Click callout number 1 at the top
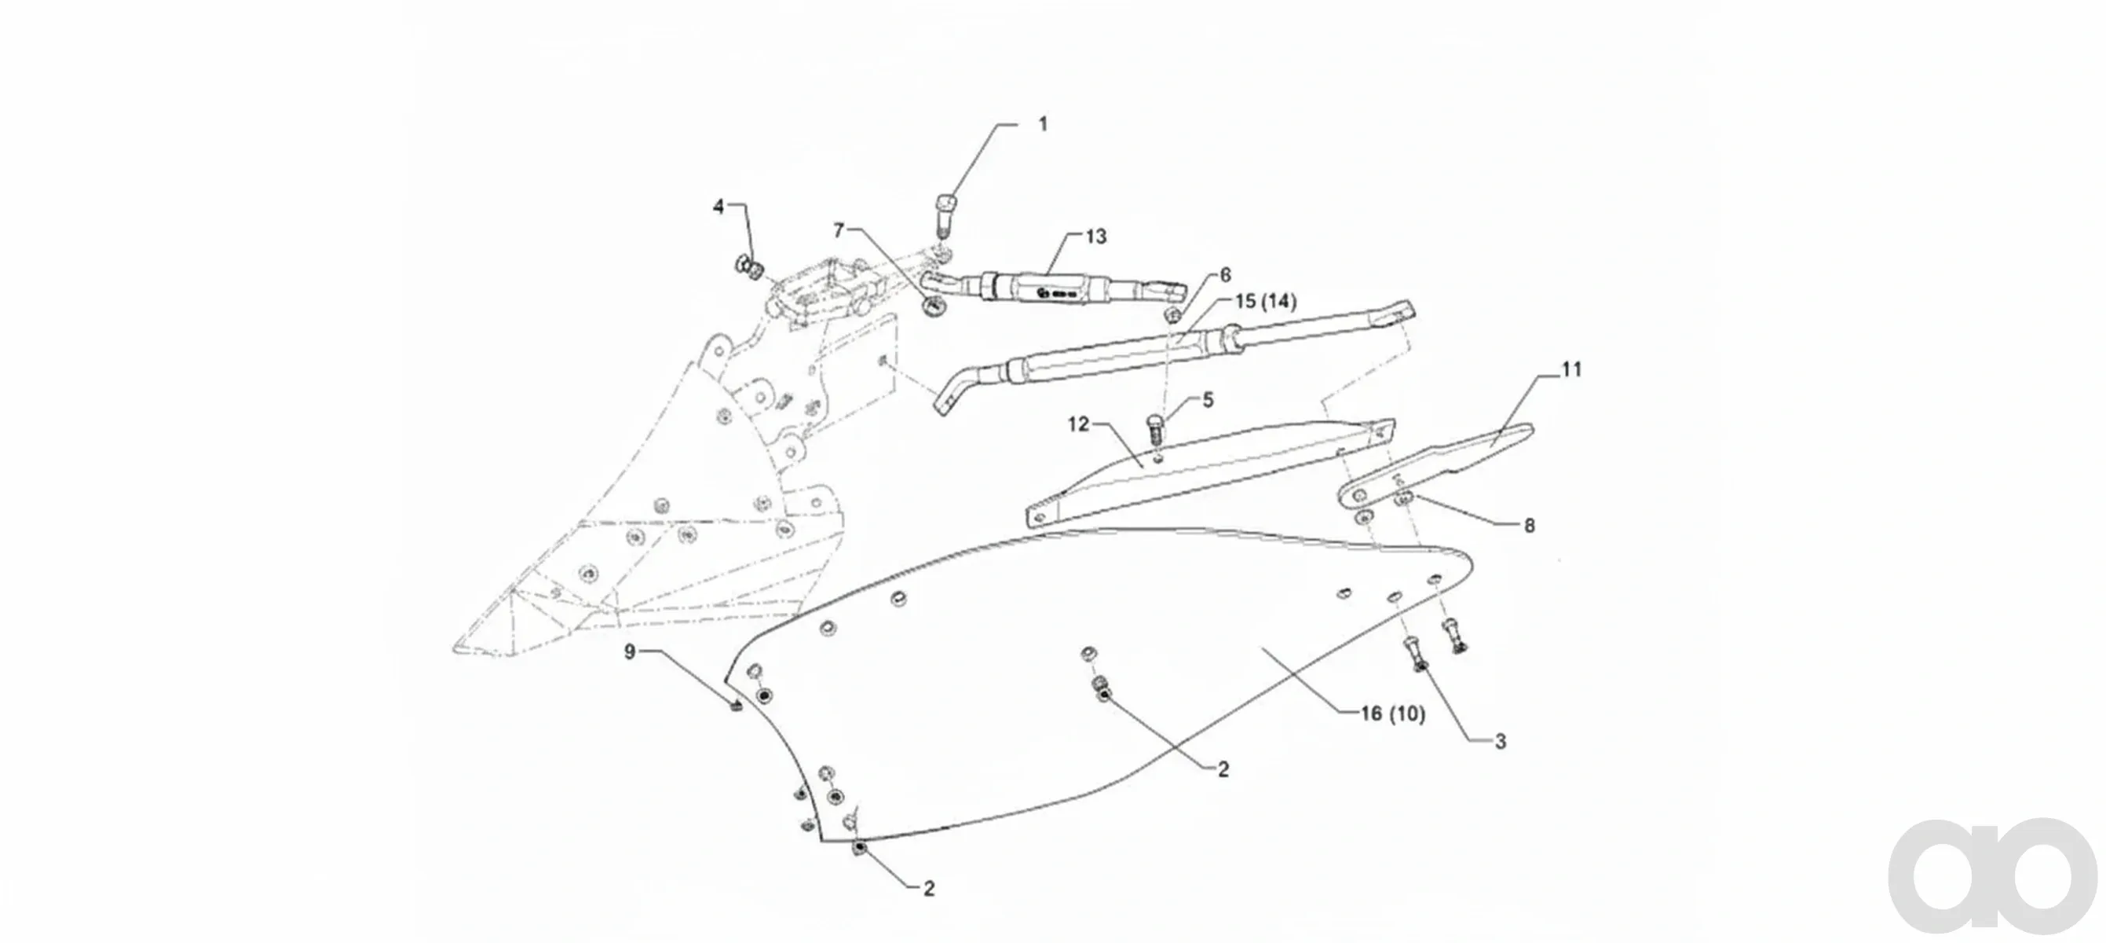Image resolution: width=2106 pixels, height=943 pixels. coord(1042,124)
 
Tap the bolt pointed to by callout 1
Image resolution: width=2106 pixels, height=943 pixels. coord(945,215)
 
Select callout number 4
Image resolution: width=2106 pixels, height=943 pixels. coord(718,207)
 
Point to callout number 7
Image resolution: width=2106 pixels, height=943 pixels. coord(838,230)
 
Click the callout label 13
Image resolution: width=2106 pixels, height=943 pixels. coord(1095,237)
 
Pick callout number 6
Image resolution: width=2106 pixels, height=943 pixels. coord(1225,275)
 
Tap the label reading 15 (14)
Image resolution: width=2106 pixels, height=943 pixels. coord(1266,302)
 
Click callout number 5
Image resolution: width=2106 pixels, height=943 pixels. coord(1208,400)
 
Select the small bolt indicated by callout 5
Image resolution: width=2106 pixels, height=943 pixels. coord(1154,428)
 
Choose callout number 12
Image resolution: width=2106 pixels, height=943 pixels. coord(1079,424)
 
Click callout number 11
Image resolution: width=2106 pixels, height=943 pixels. coord(1571,369)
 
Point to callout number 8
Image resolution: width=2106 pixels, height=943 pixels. coord(1529,525)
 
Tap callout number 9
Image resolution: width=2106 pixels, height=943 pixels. coord(630,651)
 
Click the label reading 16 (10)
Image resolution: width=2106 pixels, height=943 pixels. coord(1392,714)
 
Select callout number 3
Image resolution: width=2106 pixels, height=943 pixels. coord(1501,742)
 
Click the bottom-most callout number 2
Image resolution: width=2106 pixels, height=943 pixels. coord(929,888)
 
